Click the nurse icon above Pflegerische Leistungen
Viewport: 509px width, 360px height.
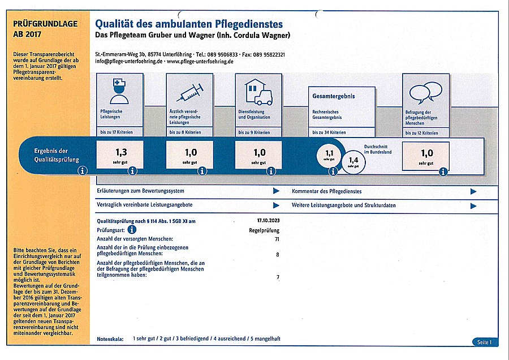[x=119, y=91]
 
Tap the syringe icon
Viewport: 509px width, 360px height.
[x=189, y=91]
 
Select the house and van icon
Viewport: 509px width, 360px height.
[x=258, y=91]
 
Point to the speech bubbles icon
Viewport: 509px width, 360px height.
[x=425, y=91]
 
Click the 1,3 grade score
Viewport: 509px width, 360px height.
[x=120, y=152]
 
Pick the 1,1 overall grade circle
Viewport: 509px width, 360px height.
[x=329, y=153]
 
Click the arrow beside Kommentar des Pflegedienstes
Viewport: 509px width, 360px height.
[x=473, y=191]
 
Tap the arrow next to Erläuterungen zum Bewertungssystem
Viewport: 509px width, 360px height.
[x=276, y=191]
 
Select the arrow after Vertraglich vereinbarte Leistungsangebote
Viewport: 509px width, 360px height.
[x=276, y=205]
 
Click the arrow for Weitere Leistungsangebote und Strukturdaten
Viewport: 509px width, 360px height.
[x=473, y=205]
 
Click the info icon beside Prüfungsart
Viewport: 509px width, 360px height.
[x=132, y=230]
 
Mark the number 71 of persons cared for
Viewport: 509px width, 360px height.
[x=277, y=239]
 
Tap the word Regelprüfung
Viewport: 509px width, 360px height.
[x=264, y=230]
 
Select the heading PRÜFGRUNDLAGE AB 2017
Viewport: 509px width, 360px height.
[x=36, y=29]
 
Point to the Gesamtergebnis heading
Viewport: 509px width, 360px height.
[x=334, y=96]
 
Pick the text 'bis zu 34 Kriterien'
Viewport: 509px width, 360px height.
[x=329, y=132]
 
